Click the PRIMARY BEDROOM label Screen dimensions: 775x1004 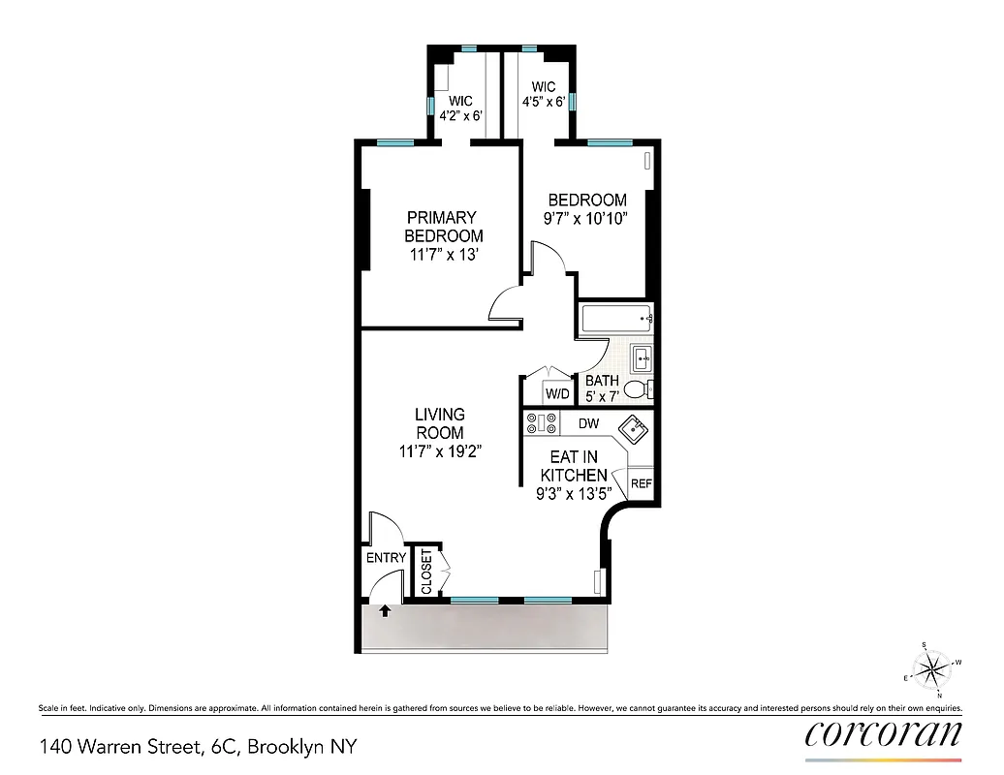click(x=443, y=227)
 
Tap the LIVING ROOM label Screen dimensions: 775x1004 click(x=440, y=423)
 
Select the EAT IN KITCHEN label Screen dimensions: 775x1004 click(x=574, y=466)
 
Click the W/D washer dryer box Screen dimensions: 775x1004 click(x=557, y=393)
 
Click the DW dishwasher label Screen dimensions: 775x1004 click(x=588, y=423)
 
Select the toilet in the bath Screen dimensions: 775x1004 click(x=638, y=389)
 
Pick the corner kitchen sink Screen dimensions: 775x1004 click(x=635, y=427)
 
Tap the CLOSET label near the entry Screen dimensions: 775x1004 click(x=427, y=573)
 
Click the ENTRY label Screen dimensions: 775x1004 click(x=386, y=559)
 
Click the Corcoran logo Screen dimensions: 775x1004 click(x=883, y=733)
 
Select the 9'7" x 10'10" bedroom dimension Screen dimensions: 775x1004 click(x=585, y=218)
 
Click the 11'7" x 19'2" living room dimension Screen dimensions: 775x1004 click(x=440, y=450)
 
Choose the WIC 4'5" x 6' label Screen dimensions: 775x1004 click(x=543, y=94)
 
